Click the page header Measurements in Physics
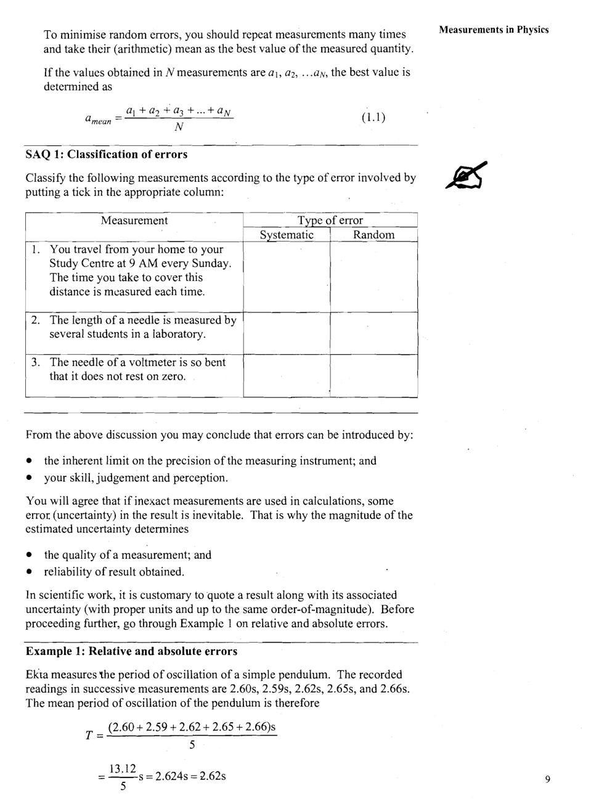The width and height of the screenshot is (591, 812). (494, 30)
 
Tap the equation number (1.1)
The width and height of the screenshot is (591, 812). (373, 117)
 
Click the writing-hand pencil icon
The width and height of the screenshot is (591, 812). (466, 176)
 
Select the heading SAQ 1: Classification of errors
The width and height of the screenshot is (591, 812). (107, 155)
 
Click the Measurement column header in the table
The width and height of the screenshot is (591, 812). (134, 221)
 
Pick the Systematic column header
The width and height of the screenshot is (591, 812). (287, 235)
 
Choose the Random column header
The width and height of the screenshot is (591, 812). (373, 235)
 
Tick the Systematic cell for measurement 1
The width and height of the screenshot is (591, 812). (287, 277)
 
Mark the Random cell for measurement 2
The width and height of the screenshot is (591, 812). (373, 333)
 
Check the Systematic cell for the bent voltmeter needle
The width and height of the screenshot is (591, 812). (287, 375)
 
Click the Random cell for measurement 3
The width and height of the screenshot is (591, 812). (373, 375)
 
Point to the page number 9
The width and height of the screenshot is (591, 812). (547, 779)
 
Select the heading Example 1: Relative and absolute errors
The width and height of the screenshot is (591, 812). (131, 652)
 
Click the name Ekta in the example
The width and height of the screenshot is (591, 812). (36, 675)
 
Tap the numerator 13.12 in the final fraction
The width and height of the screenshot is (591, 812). (122, 769)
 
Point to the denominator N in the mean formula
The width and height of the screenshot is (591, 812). (179, 128)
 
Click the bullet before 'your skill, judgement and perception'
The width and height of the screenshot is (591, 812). (29, 478)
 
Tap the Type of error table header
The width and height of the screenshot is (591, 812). (330, 220)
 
